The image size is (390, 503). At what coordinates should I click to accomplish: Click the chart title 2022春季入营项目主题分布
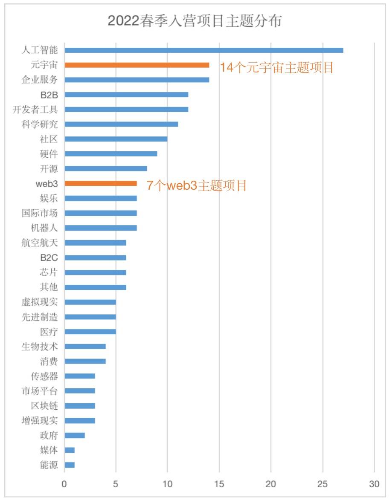[195, 21]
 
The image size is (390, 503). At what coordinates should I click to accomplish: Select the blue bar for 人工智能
[204, 50]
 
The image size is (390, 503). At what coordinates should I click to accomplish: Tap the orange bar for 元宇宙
[137, 65]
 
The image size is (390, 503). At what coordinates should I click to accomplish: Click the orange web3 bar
[101, 183]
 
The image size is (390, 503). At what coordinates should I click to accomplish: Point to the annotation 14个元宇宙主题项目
[276, 67]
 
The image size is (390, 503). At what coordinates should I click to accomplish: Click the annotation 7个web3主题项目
[197, 186]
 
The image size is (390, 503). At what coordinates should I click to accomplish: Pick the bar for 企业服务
[137, 80]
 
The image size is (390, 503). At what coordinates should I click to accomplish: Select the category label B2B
[49, 95]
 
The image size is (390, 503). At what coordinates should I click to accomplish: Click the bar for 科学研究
[121, 124]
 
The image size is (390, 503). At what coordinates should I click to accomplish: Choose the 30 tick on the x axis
[374, 484]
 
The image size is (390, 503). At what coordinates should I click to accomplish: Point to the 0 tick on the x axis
[64, 484]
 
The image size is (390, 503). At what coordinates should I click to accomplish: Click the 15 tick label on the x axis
[219, 484]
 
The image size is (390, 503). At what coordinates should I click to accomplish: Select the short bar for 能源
[70, 465]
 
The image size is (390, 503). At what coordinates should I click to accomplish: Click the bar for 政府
[75, 435]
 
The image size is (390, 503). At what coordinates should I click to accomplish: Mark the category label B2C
[49, 257]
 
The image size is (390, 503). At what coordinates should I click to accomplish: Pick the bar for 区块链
[80, 406]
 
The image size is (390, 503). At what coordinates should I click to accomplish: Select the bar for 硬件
[111, 153]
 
